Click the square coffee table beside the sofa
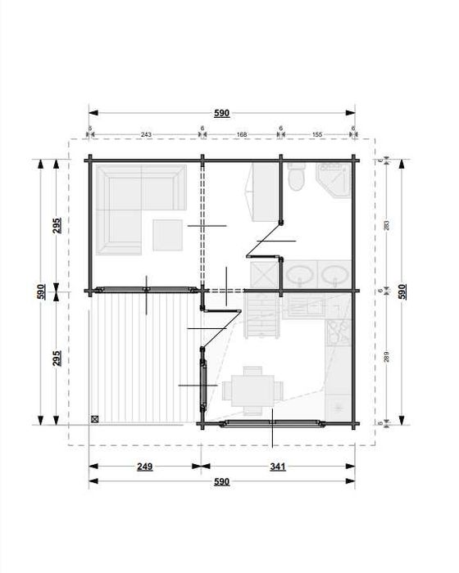click(x=170, y=236)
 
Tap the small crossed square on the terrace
click(x=96, y=419)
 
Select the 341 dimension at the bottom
click(x=277, y=467)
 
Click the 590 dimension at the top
click(x=221, y=114)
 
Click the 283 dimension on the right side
click(x=386, y=223)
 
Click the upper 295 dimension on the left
click(x=57, y=226)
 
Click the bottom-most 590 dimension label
click(x=221, y=482)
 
